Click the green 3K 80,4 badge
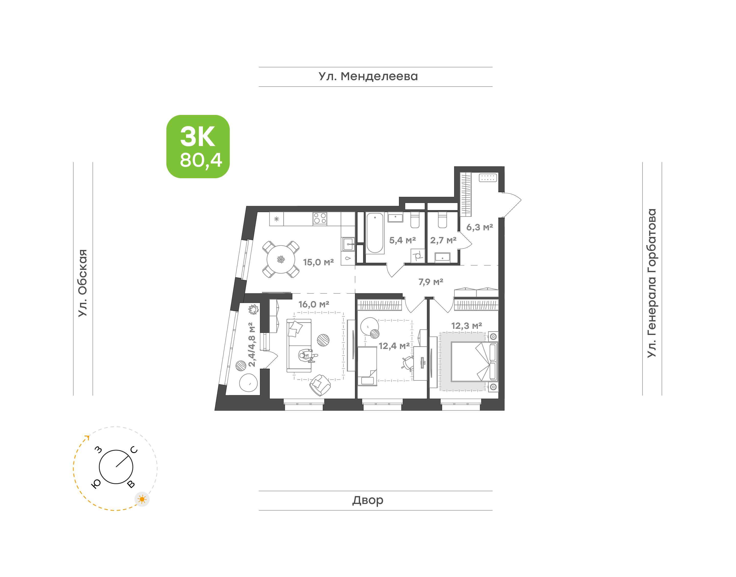(198, 146)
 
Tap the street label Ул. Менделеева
(368, 76)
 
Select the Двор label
(368, 500)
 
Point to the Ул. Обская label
(83, 283)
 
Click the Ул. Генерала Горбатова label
(651, 283)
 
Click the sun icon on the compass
(142, 499)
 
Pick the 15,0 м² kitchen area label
(318, 262)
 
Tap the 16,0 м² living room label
(314, 304)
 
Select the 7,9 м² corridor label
(431, 282)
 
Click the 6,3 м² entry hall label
(479, 227)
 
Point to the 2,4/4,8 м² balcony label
(252, 345)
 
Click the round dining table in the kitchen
(281, 259)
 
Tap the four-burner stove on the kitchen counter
(320, 219)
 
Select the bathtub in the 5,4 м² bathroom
(375, 233)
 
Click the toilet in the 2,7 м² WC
(442, 220)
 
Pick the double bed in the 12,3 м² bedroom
(474, 362)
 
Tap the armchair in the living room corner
(319, 385)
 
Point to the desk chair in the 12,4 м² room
(408, 363)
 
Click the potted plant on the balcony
(253, 309)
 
